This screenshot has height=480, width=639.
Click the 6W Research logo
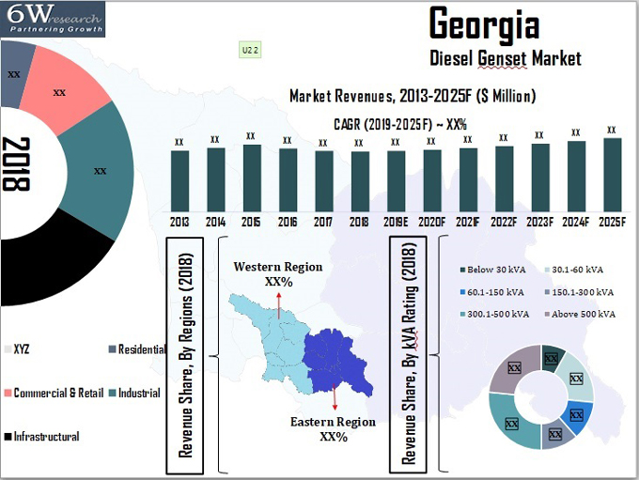click(x=53, y=19)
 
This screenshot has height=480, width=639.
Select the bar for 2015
click(x=251, y=178)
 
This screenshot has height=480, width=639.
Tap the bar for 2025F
click(x=612, y=175)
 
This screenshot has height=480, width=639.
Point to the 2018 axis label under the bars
click(x=359, y=222)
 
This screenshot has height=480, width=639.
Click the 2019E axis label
click(x=396, y=222)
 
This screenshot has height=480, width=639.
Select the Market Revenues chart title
click(x=413, y=96)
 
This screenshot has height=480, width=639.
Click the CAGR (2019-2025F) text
click(x=400, y=123)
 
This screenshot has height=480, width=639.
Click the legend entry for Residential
click(x=137, y=348)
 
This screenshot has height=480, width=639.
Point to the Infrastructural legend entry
click(x=47, y=436)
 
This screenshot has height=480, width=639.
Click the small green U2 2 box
click(x=252, y=51)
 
